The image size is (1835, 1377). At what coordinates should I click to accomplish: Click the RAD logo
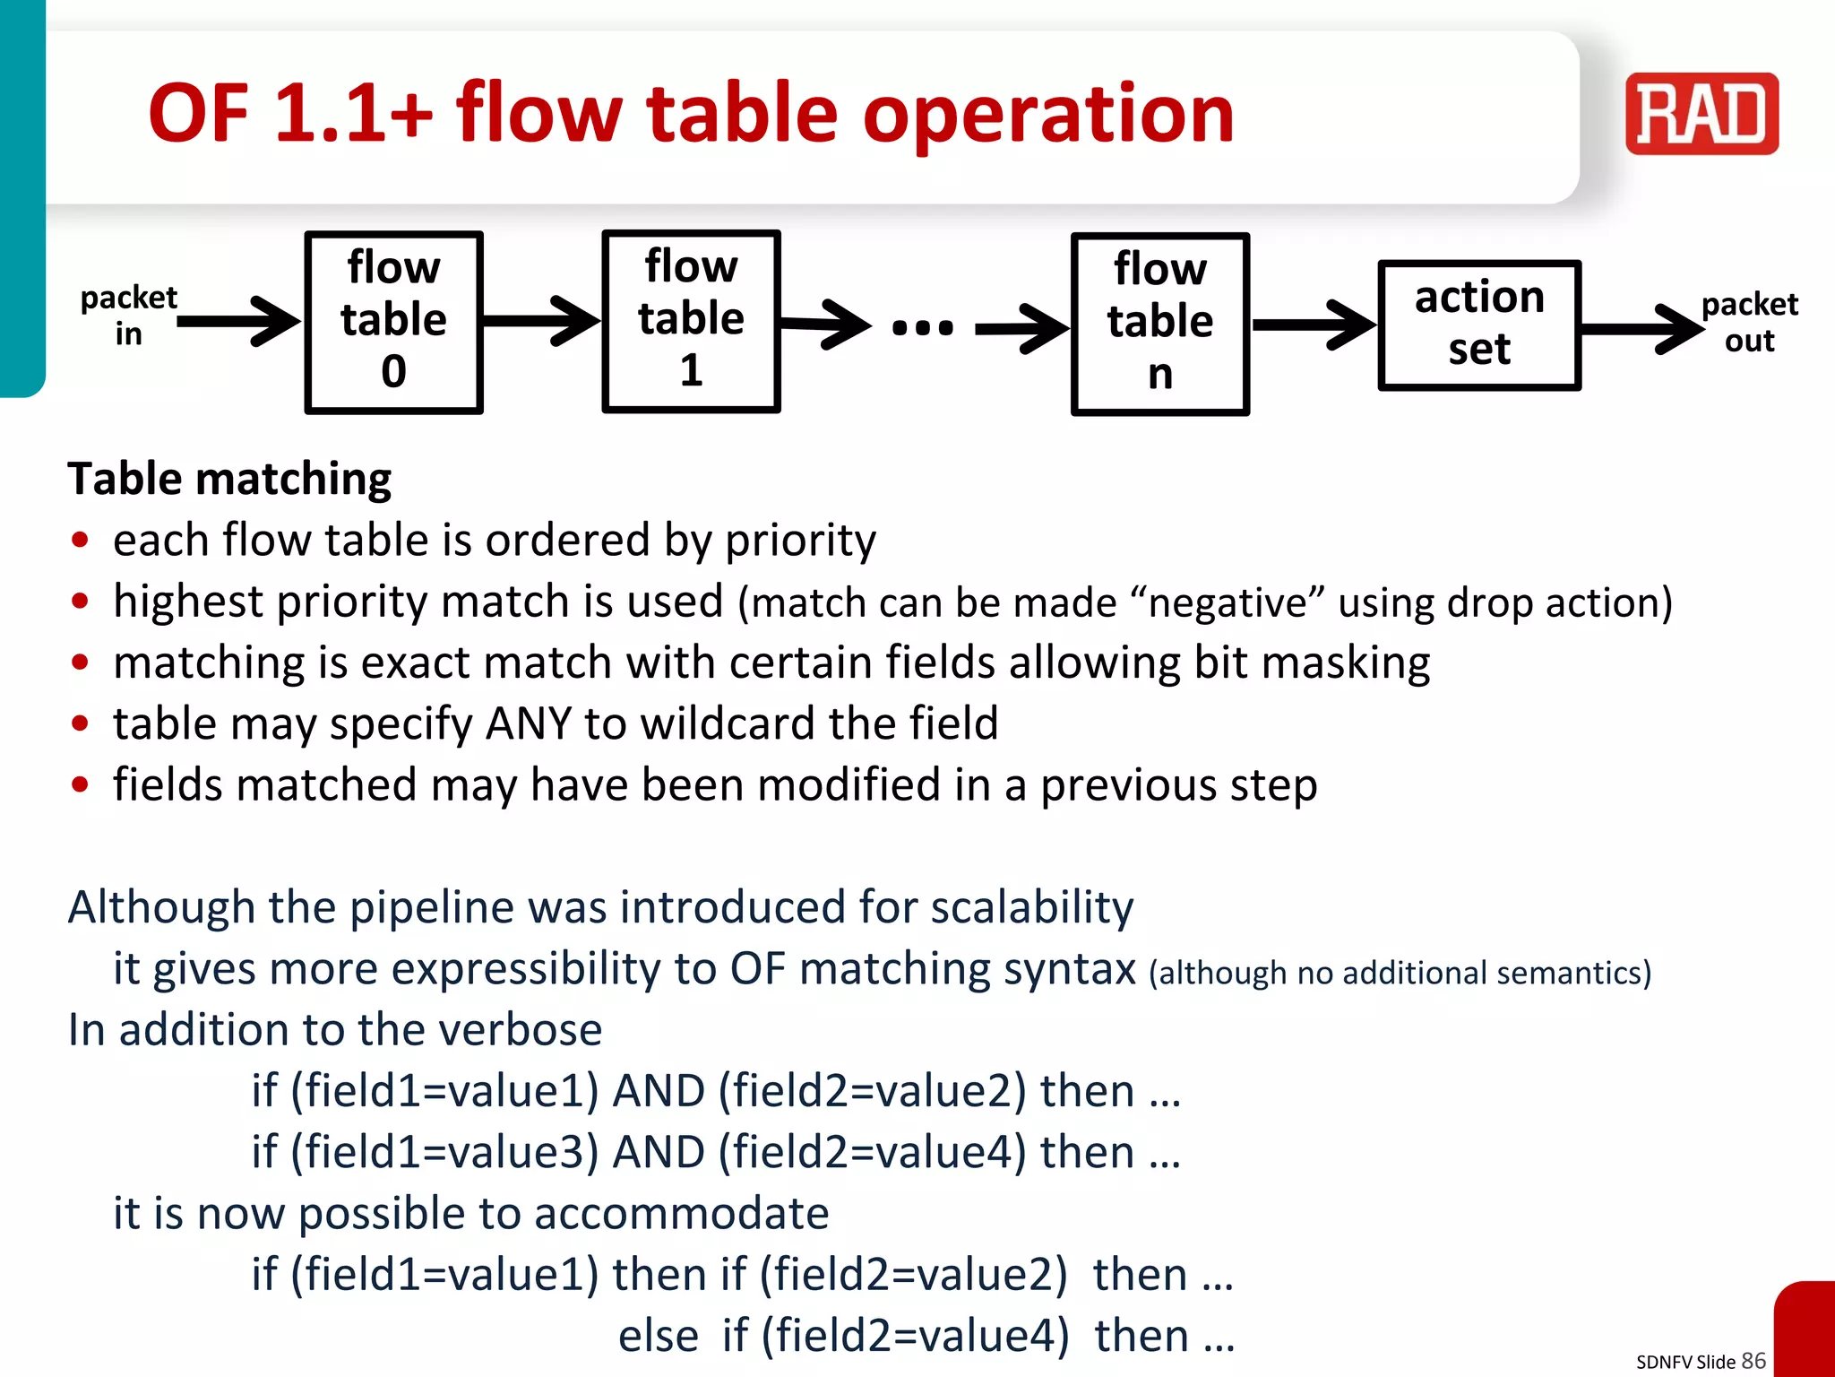(1701, 114)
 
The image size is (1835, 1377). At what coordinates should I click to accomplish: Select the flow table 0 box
(393, 322)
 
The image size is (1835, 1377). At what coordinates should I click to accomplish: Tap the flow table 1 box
(691, 321)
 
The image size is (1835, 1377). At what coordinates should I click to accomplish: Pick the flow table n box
(1159, 324)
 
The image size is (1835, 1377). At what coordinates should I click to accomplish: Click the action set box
(1478, 325)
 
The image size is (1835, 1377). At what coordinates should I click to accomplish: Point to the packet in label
(128, 316)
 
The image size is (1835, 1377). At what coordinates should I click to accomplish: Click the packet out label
(1749, 323)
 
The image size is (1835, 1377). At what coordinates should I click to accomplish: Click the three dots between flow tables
(922, 327)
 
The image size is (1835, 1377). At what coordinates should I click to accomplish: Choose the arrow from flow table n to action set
(1314, 325)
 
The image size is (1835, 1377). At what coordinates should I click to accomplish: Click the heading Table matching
(229, 479)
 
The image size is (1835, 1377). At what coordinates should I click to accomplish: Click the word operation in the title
(1047, 114)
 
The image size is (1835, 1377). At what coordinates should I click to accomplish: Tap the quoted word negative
(1228, 602)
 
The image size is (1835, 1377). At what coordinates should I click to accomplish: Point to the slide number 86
(1753, 1361)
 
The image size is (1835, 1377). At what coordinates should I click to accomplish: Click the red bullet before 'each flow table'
(81, 540)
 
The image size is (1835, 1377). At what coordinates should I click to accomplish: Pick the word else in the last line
(658, 1336)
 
